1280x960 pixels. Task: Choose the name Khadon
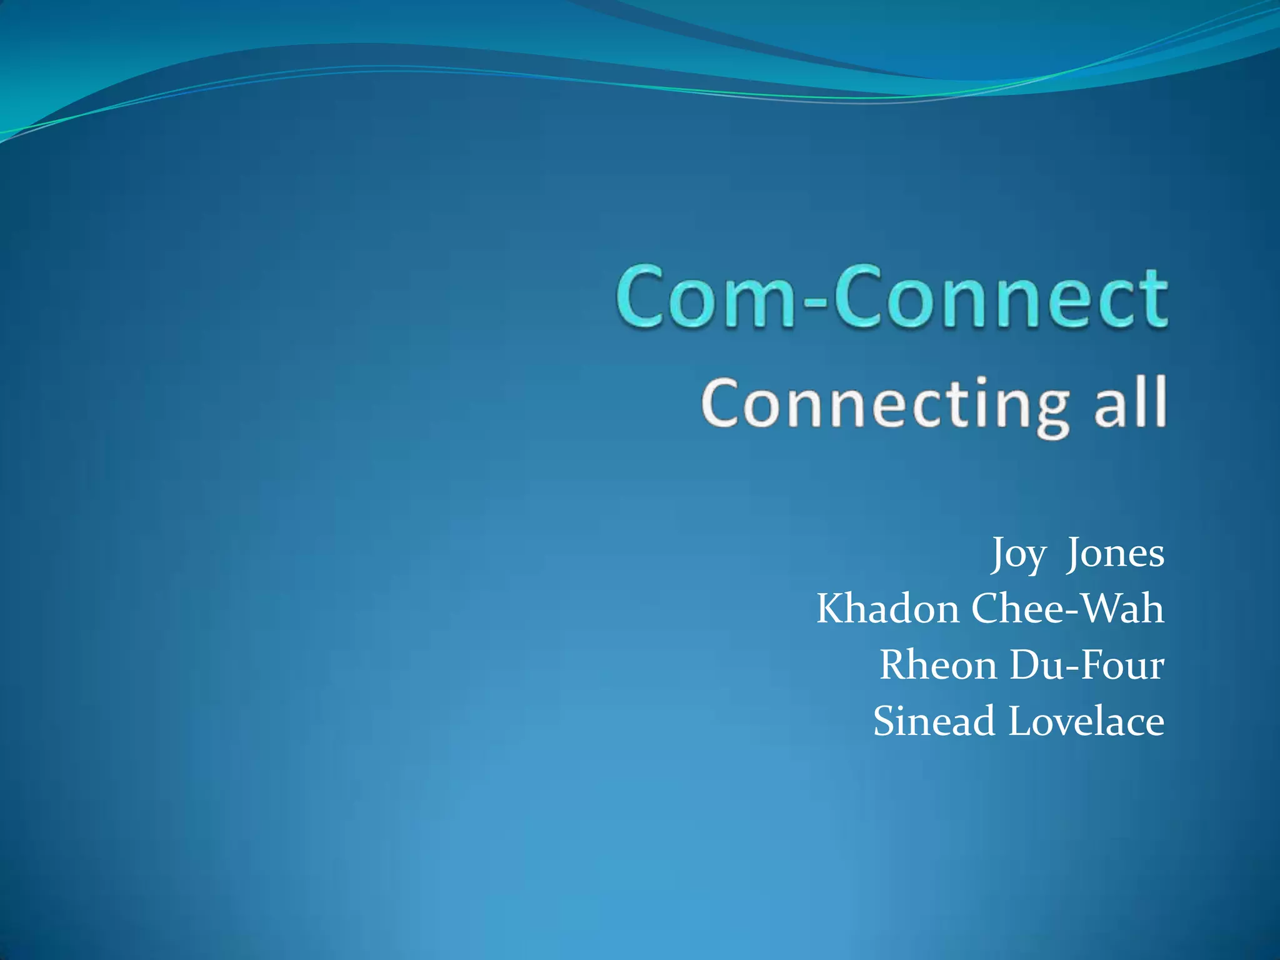pos(887,609)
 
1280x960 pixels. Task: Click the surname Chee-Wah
pos(1067,609)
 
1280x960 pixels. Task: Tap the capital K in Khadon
pos(831,609)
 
